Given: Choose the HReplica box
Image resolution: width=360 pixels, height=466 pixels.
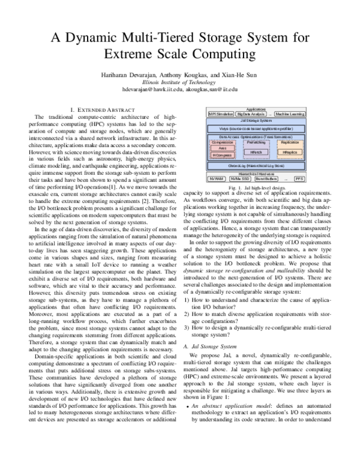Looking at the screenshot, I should coord(290,153).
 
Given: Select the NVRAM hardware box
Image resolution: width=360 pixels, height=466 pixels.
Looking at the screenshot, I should coord(215,179).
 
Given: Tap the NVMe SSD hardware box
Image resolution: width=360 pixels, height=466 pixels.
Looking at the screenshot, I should coord(239,179).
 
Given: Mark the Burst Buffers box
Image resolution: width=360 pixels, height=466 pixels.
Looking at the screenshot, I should coord(266,179).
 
